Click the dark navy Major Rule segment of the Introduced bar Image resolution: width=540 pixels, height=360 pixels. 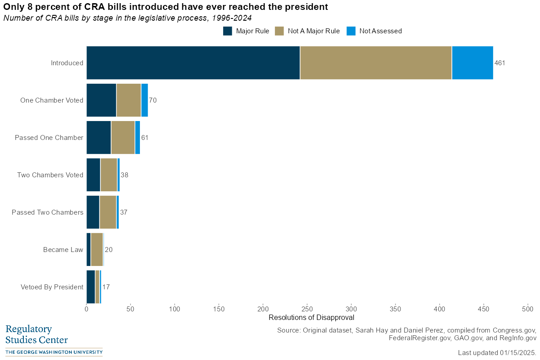[193, 63]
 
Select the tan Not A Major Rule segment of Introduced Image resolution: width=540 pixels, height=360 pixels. [376, 63]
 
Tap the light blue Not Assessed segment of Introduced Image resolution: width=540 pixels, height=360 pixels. [472, 63]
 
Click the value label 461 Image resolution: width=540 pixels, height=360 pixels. [500, 63]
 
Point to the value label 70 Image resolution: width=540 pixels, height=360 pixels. [153, 100]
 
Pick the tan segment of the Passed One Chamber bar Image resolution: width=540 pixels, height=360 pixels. [123, 137]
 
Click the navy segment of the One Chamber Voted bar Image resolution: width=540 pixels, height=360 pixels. [101, 100]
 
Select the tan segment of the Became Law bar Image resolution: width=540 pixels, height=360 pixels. [97, 249]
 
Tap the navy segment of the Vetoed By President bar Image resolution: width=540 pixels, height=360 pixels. [90, 287]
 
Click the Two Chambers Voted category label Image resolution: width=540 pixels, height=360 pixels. [50, 175]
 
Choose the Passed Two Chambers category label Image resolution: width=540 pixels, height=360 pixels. [47, 212]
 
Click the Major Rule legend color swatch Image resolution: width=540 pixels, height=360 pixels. [228, 31]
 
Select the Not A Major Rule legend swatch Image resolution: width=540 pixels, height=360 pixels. [279, 31]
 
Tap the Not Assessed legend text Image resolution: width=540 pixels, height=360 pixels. [380, 31]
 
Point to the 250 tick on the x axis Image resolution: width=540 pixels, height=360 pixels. [307, 309]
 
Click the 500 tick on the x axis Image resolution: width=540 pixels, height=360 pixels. [527, 309]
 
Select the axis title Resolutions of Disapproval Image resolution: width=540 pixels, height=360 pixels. [311, 317]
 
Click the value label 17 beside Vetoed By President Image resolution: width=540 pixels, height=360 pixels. [106, 287]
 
